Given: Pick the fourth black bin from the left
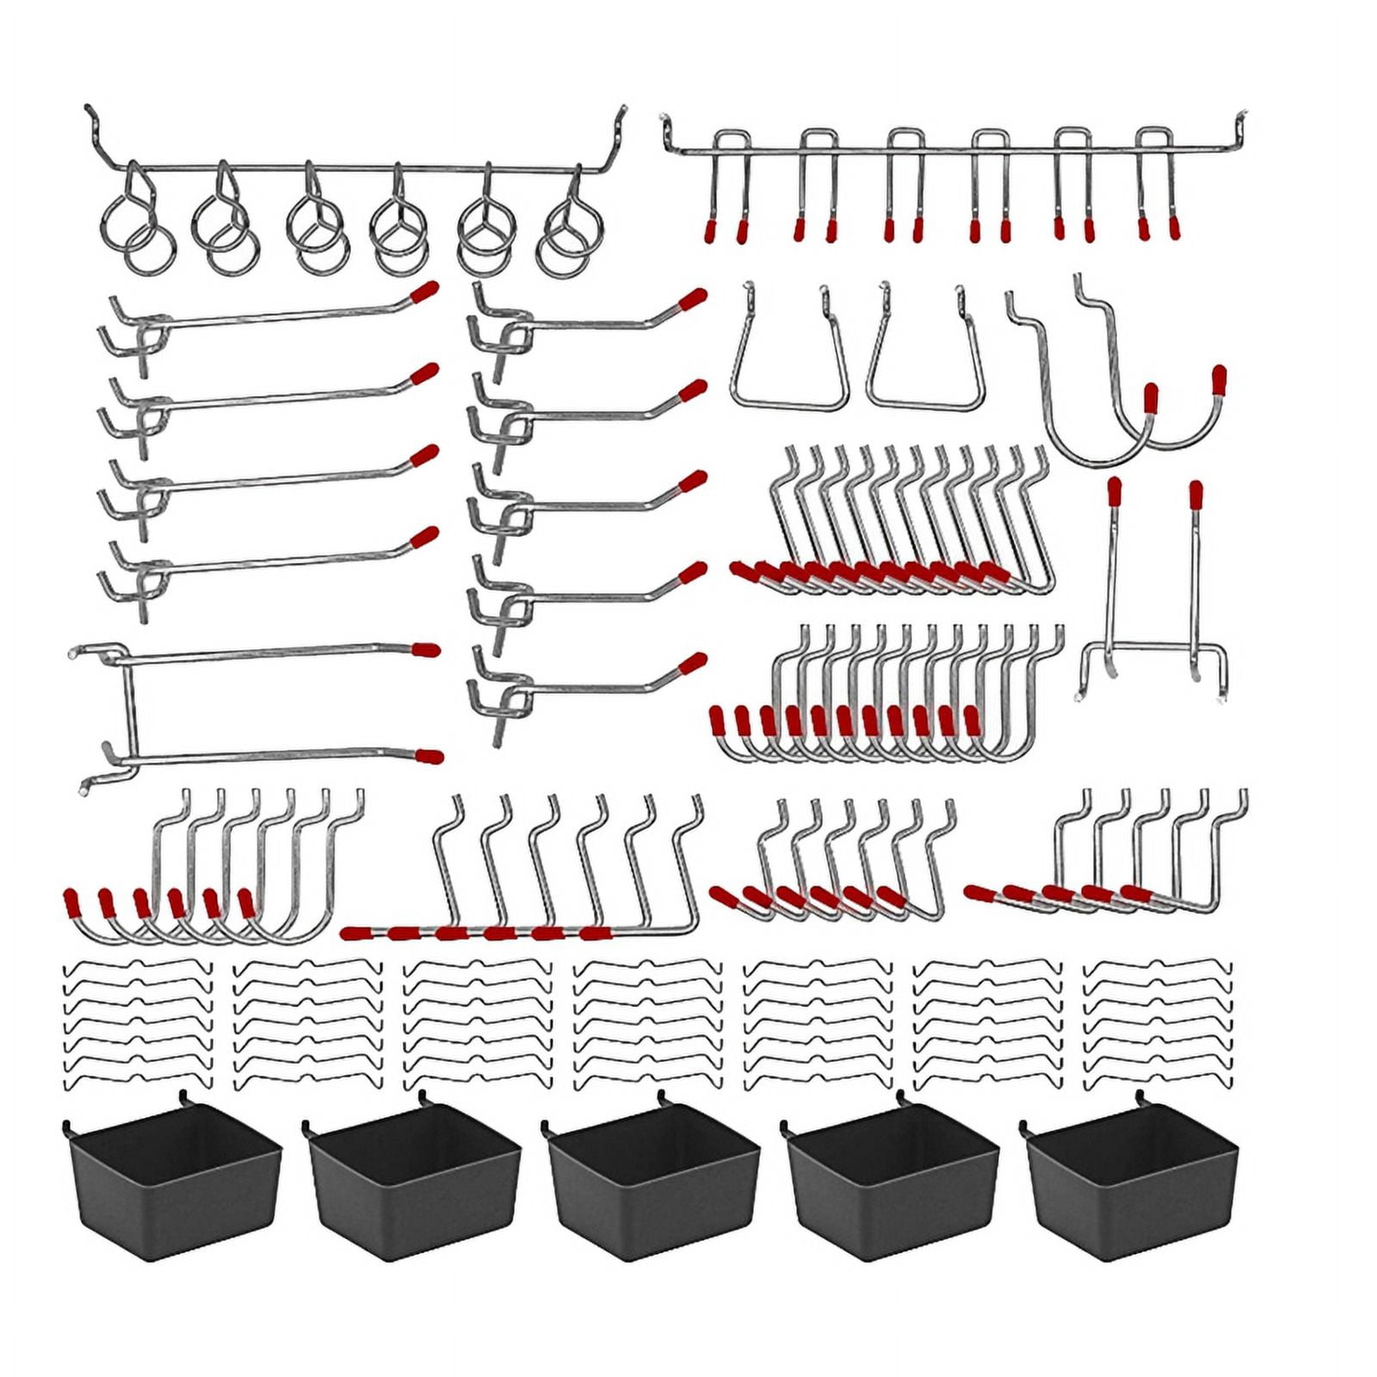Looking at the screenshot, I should pos(892,1192).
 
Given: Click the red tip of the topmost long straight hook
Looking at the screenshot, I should pos(424,292).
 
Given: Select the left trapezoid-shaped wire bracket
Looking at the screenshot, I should pos(788,361).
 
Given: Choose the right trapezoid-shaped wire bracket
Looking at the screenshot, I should pos(926,361).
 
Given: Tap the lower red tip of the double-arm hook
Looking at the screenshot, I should pos(429,757).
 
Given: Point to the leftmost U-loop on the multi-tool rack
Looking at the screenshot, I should pos(728,185).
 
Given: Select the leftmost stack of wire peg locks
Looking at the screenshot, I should pos(138,1024).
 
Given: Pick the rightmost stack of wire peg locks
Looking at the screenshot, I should pos(1158,1024).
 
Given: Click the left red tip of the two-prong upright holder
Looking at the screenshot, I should pos(1115,491).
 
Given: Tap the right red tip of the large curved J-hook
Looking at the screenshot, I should pos(1219,379).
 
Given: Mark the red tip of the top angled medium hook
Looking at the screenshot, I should pos(693,299).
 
